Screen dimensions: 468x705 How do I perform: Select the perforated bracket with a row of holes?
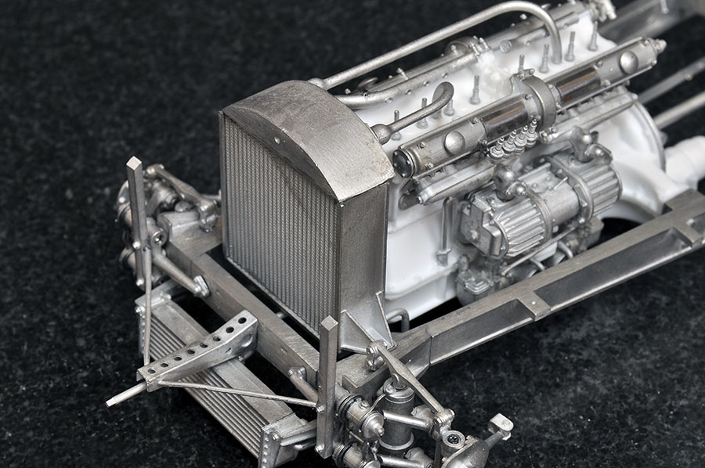pos(201,347)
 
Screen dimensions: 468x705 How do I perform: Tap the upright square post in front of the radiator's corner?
pos(327,383)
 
